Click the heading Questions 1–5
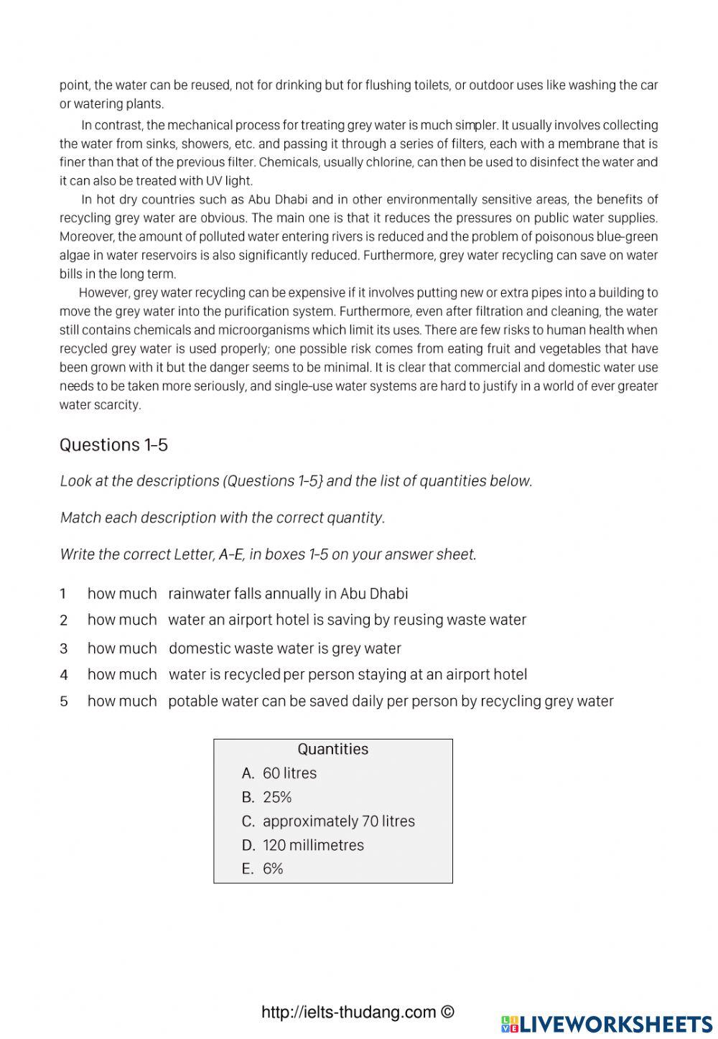[x=113, y=445]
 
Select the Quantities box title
[x=332, y=749]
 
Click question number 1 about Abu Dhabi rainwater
[x=63, y=594]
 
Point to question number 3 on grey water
[x=63, y=648]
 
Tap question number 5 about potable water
[x=63, y=702]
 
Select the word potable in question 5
[x=188, y=702]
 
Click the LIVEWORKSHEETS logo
[x=607, y=1023]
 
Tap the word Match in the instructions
[x=80, y=518]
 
